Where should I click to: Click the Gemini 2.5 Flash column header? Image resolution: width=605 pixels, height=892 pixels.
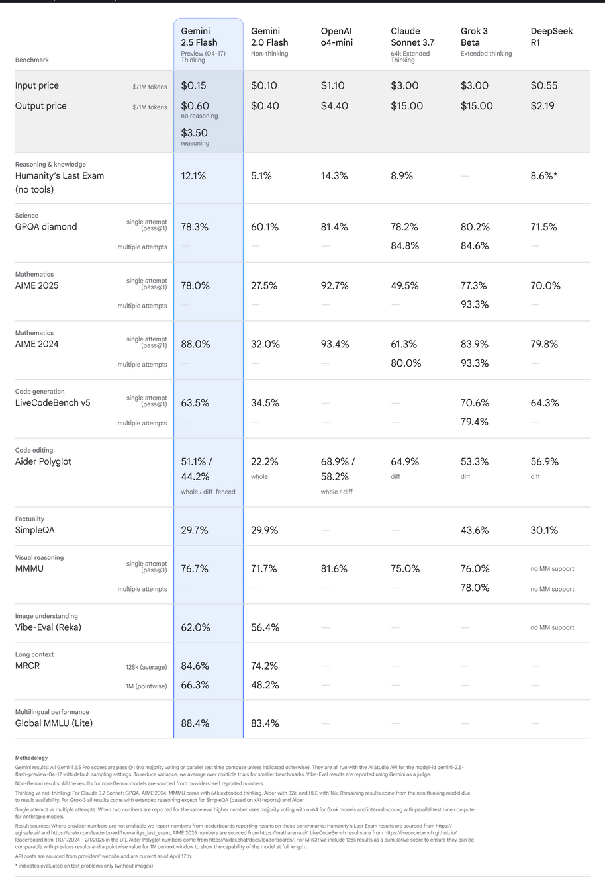pyautogui.click(x=199, y=36)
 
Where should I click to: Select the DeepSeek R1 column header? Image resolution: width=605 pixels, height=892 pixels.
pyautogui.click(x=551, y=36)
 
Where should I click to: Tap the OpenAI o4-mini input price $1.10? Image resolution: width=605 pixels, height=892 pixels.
pyautogui.click(x=334, y=85)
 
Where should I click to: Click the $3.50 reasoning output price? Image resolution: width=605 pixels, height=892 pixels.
pyautogui.click(x=195, y=133)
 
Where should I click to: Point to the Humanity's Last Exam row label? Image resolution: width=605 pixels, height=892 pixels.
pyautogui.click(x=60, y=176)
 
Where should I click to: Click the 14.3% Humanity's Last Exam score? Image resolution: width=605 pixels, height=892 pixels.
pyautogui.click(x=334, y=176)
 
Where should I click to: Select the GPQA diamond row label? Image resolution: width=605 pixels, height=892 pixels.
pyautogui.click(x=46, y=227)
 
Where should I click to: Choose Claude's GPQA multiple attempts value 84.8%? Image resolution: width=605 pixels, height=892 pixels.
pyautogui.click(x=404, y=246)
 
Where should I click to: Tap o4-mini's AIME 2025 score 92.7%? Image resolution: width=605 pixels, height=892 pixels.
pyautogui.click(x=335, y=286)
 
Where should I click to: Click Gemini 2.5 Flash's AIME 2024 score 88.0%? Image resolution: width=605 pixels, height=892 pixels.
pyautogui.click(x=195, y=345)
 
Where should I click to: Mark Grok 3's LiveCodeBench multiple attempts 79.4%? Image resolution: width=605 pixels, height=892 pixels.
pyautogui.click(x=475, y=422)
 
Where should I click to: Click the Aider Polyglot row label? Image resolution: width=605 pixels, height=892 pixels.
pyautogui.click(x=43, y=462)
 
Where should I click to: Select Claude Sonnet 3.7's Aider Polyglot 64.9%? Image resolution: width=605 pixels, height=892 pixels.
pyautogui.click(x=405, y=462)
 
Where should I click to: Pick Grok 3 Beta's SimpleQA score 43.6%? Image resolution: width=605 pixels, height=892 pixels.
pyautogui.click(x=475, y=531)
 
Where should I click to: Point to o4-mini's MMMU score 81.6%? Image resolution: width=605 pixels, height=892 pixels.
pyautogui.click(x=334, y=569)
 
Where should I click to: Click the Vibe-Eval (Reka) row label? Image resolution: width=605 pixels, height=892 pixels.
pyautogui.click(x=48, y=627)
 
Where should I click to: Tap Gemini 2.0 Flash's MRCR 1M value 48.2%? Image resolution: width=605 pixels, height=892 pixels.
pyautogui.click(x=265, y=685)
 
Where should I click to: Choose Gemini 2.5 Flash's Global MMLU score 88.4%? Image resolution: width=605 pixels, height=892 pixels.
pyautogui.click(x=195, y=724)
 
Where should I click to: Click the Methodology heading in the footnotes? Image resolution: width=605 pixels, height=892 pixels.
pyautogui.click(x=31, y=758)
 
